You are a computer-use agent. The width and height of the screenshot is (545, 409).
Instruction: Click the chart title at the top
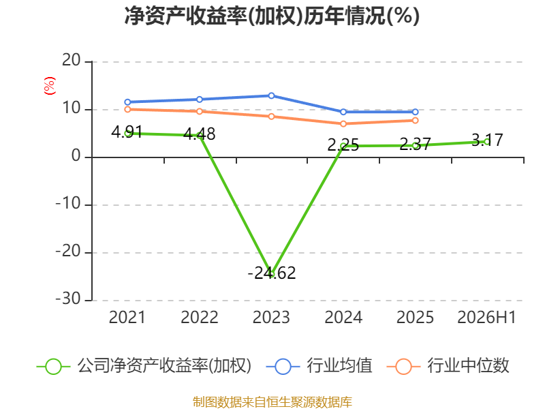[272, 16]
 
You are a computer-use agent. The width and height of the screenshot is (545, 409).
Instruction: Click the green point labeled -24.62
[271, 274]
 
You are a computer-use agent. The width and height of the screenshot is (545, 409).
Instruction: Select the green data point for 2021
[127, 134]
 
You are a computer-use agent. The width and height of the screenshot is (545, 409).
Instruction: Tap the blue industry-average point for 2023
[271, 95]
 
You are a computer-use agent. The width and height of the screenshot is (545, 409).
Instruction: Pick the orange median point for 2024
[343, 124]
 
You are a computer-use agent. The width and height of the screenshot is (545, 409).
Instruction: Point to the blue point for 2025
[416, 112]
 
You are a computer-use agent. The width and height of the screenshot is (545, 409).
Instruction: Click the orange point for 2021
[127, 110]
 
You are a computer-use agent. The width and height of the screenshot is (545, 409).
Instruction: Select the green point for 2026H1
[487, 142]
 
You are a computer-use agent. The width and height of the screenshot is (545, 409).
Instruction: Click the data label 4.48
[199, 134]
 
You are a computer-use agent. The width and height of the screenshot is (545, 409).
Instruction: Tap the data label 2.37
[415, 144]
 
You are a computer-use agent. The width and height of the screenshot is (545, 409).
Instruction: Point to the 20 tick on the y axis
[72, 61]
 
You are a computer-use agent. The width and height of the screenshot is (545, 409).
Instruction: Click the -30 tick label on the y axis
[68, 299]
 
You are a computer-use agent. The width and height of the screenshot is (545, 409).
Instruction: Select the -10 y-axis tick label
[68, 203]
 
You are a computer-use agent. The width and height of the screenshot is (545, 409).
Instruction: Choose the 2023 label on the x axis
[271, 317]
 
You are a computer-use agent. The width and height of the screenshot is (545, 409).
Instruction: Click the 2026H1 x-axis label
[486, 317]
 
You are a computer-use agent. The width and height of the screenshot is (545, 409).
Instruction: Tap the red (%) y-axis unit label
[49, 86]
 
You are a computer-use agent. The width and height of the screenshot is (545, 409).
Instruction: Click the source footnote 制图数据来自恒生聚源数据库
[272, 402]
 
